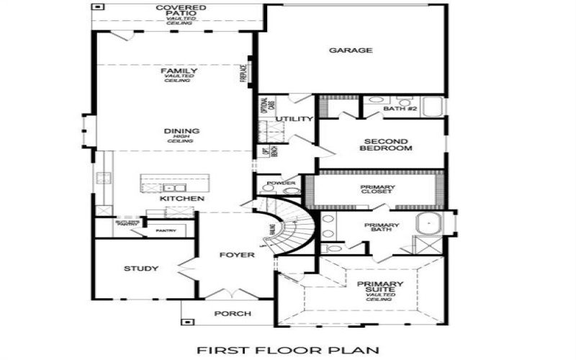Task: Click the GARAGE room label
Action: point(351,50)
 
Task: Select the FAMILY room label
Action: point(179,71)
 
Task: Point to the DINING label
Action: point(181,131)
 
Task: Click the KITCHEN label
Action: point(182,198)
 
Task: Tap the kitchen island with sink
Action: point(173,184)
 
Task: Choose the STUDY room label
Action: point(141,269)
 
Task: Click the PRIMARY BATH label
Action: point(382,228)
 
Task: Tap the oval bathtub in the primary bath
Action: point(429,224)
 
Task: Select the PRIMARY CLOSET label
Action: point(377,190)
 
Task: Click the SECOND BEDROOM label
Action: point(387,145)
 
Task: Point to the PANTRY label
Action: point(166,230)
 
